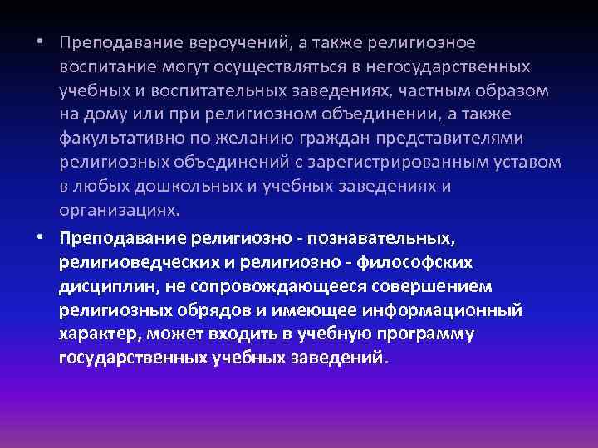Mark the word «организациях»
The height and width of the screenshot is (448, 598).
(x=118, y=210)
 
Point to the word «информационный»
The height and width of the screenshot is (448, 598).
(x=450, y=311)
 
